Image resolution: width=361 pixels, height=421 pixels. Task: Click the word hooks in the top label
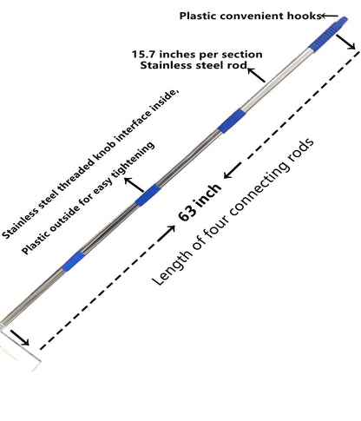(x=304, y=16)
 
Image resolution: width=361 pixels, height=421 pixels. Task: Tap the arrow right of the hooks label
(x=330, y=16)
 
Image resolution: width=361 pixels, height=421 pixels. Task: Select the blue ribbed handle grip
(x=327, y=35)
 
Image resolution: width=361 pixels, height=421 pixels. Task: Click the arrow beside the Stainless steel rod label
(x=256, y=75)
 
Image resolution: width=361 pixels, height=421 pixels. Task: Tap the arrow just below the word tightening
(x=135, y=185)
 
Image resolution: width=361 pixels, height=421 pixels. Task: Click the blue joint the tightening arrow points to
(x=148, y=195)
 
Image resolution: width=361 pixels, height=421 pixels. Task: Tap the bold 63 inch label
(x=200, y=203)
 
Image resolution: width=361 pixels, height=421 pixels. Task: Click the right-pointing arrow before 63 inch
(x=167, y=234)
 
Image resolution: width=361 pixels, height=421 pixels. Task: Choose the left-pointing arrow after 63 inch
(x=233, y=170)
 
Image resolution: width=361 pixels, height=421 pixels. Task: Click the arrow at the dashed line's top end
(x=345, y=43)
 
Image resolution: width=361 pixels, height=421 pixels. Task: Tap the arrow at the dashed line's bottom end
(x=20, y=338)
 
